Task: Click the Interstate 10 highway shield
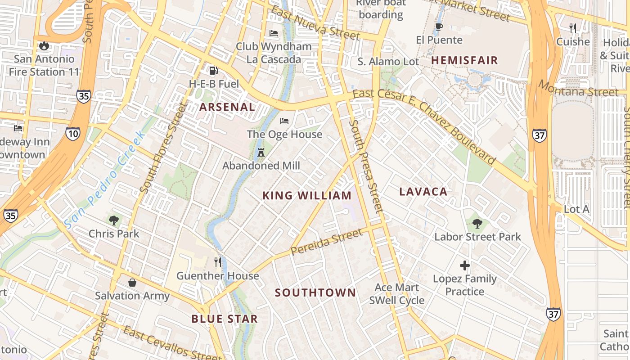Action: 72,134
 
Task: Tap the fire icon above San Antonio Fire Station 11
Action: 44,45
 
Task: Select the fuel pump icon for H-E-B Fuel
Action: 213,70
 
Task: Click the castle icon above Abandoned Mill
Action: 261,152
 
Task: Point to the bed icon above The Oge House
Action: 284,121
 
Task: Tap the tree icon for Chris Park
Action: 114,220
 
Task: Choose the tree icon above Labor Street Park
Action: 477,223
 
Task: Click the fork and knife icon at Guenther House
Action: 218,262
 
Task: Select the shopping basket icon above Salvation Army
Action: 132,282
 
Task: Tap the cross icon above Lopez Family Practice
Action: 465,265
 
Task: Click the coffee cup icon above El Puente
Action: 439,27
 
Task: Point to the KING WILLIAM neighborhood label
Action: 307,195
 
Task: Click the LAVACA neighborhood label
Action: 423,192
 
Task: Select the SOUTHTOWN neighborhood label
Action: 315,292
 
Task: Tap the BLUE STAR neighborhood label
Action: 225,319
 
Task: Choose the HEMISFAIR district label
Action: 465,60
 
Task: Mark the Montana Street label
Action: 579,88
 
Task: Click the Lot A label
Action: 576,209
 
